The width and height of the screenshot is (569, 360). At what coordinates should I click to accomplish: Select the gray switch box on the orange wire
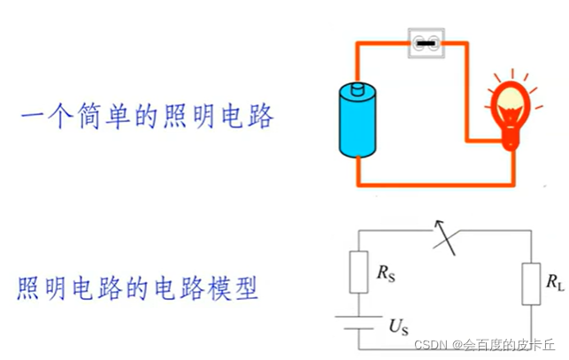(426, 42)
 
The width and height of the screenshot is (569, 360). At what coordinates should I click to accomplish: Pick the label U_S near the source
(398, 325)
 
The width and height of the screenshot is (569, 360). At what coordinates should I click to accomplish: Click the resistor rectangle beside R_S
(359, 272)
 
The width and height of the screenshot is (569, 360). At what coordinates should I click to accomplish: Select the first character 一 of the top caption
(35, 119)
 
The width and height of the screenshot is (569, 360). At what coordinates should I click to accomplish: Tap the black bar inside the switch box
(426, 42)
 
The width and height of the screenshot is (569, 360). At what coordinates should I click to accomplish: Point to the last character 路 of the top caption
(262, 119)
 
